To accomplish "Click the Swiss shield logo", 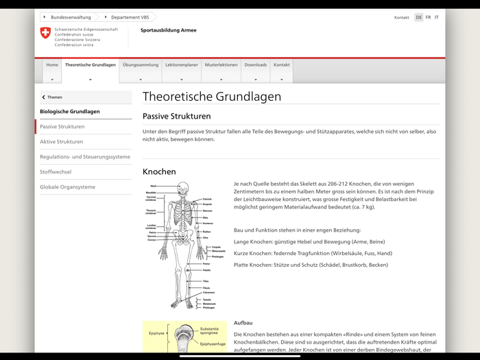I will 45,33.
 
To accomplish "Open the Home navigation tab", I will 52,65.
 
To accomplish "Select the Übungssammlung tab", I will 141,65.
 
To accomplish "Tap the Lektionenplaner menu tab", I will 182,65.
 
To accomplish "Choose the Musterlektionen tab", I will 221,65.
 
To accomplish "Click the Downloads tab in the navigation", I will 256,65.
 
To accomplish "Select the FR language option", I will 429,17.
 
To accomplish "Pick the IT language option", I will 437,17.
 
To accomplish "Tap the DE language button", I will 419,17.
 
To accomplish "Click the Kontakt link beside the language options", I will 401,17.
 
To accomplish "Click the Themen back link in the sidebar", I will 54,97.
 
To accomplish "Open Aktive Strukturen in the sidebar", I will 62,142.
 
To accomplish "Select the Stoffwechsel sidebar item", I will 56,172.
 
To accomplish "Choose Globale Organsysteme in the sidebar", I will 68,187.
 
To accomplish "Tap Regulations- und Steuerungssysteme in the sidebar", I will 85,157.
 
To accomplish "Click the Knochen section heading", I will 159,171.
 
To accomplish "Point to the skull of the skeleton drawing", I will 182,188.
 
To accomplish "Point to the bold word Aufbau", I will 243,322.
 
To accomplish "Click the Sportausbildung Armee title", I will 168,30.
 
